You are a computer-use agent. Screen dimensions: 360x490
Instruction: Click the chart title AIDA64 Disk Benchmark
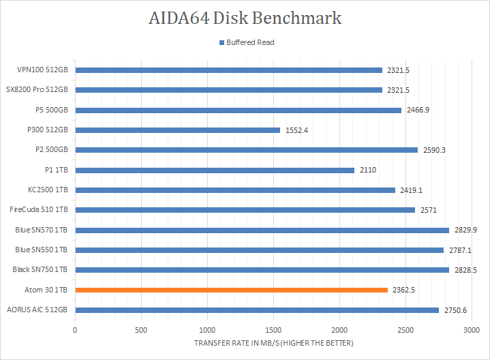click(245, 18)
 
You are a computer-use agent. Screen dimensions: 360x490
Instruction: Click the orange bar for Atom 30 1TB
click(232, 290)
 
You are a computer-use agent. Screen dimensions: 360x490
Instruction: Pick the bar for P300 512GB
click(177, 130)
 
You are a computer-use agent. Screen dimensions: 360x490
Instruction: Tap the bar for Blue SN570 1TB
click(262, 230)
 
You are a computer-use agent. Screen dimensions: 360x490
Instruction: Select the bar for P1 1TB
click(215, 170)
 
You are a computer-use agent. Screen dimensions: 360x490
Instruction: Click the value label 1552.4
click(296, 130)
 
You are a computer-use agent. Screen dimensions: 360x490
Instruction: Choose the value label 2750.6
click(455, 310)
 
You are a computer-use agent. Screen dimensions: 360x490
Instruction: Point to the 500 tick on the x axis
click(141, 330)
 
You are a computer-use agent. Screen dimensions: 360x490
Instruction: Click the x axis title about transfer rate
click(274, 343)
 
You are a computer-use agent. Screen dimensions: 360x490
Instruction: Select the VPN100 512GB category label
click(42, 70)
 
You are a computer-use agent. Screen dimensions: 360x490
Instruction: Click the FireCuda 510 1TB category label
click(39, 210)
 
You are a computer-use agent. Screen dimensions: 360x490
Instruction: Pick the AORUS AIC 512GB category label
click(37, 310)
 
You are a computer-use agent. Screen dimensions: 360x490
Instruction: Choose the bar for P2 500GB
click(246, 150)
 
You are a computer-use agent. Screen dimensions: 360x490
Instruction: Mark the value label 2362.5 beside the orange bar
click(404, 290)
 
